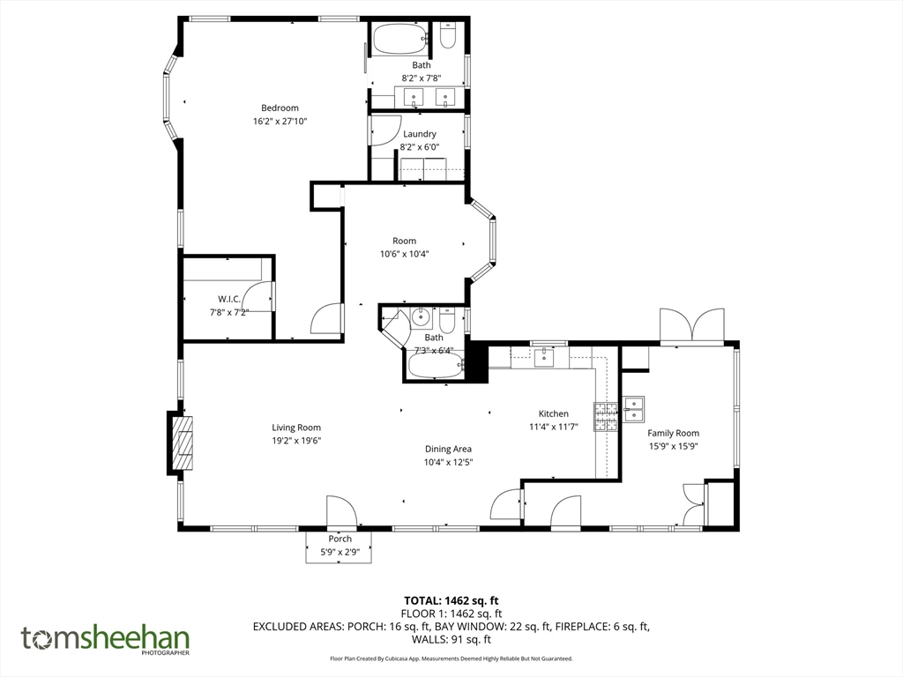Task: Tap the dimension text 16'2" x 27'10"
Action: click(x=280, y=122)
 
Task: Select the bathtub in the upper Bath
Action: click(x=399, y=39)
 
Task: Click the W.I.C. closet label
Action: click(x=229, y=299)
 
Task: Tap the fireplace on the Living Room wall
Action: click(x=183, y=445)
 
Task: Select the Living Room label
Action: click(x=296, y=428)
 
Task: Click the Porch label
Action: click(x=340, y=539)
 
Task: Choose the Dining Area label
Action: click(x=448, y=449)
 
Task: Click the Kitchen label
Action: click(x=554, y=413)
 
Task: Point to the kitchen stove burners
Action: click(x=605, y=416)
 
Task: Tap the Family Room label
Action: click(x=673, y=433)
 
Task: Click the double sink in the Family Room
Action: click(x=633, y=409)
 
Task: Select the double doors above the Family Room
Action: click(x=693, y=325)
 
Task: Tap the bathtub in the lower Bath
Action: click(x=434, y=366)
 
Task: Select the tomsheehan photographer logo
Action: click(x=105, y=639)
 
